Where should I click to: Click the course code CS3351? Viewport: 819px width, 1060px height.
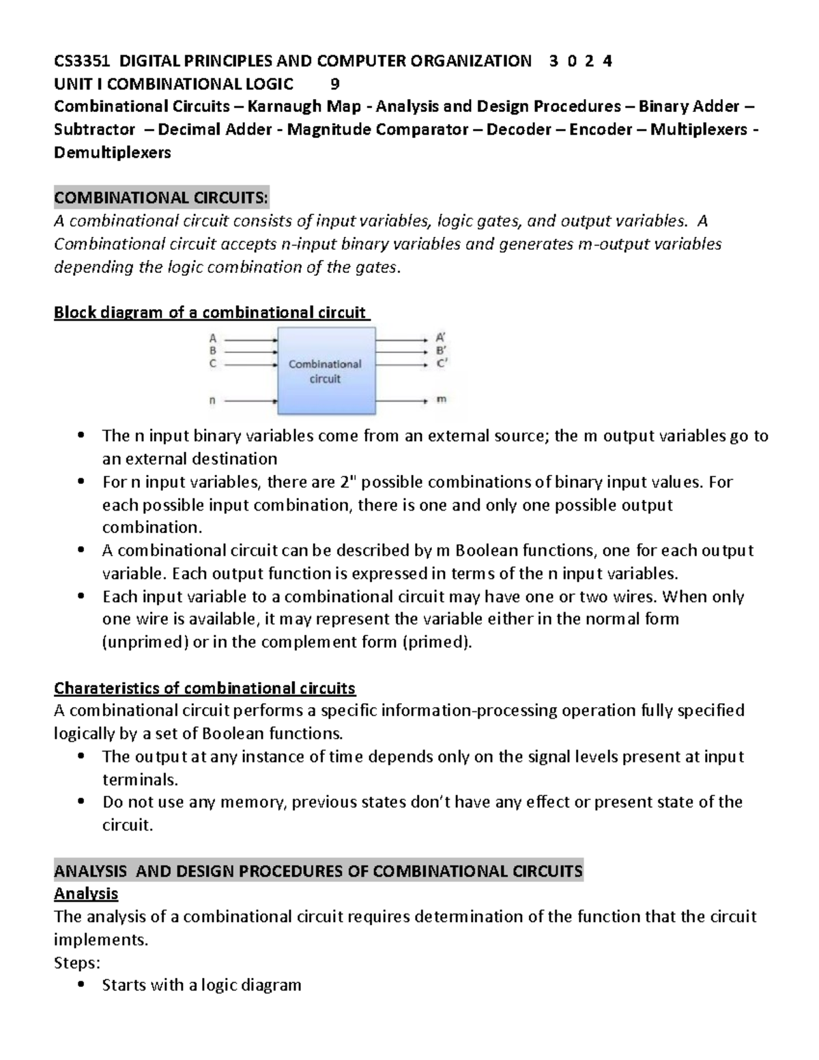[x=83, y=61]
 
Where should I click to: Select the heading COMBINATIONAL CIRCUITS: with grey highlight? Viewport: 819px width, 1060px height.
[x=162, y=198]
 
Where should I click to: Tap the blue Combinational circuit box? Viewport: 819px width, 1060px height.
[x=326, y=371]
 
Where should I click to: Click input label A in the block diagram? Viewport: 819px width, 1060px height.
[x=213, y=338]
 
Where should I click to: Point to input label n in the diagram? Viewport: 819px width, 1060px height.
[x=212, y=401]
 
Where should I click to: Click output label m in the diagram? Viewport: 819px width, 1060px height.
[x=441, y=399]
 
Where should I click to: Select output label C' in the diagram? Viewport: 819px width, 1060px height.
[x=442, y=364]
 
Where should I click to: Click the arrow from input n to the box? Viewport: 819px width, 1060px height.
[x=250, y=401]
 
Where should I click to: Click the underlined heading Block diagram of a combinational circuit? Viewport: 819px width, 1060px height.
[x=210, y=313]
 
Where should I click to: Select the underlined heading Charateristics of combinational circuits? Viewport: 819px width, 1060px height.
[x=205, y=687]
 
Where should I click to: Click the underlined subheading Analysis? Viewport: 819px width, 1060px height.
[x=86, y=893]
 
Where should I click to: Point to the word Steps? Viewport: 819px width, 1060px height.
[x=76, y=962]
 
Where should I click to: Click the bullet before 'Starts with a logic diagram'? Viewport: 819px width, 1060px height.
[x=81, y=985]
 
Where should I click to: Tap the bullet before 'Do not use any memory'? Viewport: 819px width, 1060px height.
[x=81, y=802]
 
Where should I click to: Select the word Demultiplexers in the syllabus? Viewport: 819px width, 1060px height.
[x=113, y=152]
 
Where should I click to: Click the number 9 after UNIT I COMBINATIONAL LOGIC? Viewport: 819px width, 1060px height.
[x=334, y=84]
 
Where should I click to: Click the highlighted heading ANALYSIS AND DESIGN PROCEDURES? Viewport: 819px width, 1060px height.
[x=318, y=871]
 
